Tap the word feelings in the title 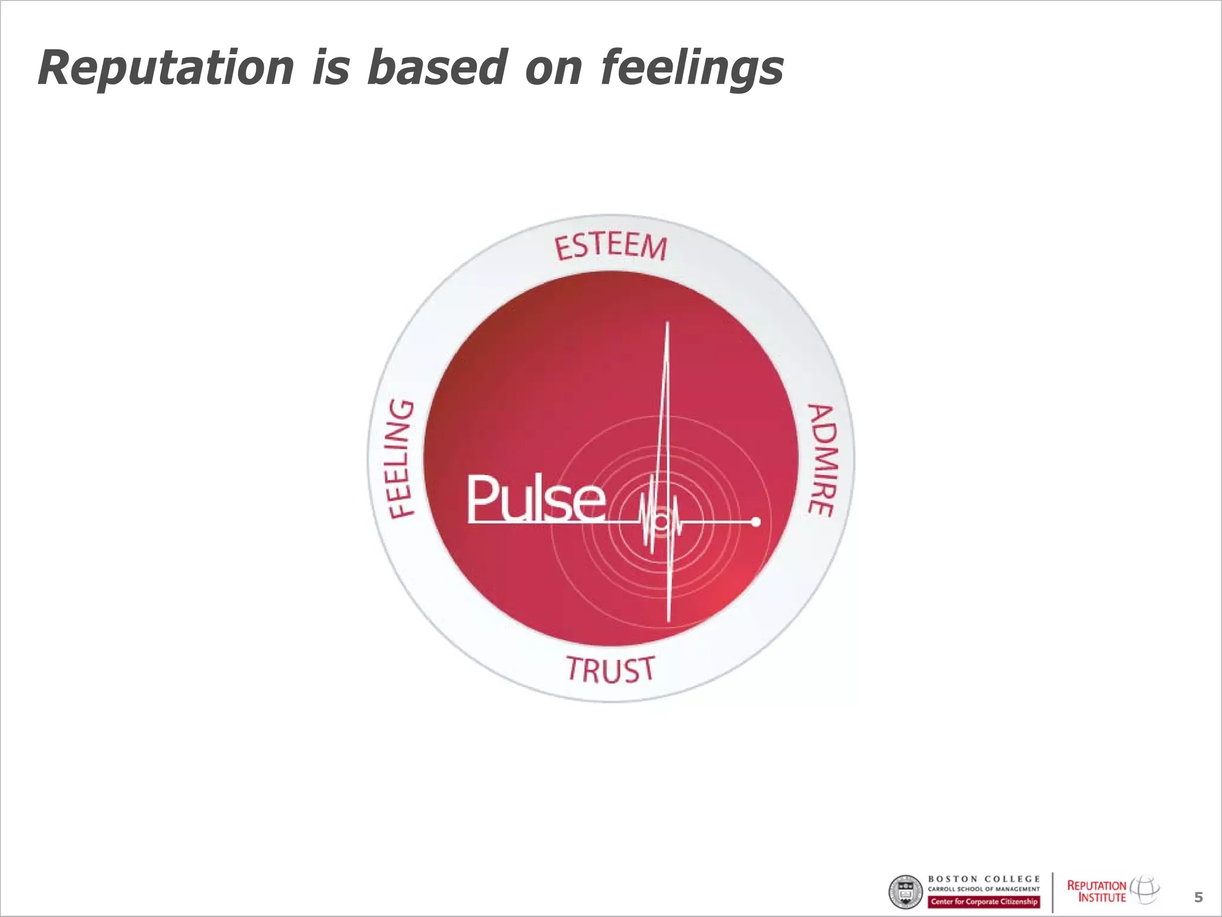[692, 69]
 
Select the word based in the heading [437, 67]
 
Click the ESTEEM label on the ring [610, 247]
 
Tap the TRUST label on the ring [610, 669]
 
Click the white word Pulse [535, 498]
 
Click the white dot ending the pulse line [756, 522]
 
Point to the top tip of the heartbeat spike [667, 324]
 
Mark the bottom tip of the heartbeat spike [669, 621]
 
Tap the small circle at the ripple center [661, 522]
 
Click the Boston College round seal [906, 893]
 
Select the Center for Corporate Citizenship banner [983, 901]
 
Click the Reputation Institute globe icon [1144, 889]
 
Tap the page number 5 [1198, 897]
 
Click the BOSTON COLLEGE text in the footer [983, 879]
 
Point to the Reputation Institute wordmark [1096, 891]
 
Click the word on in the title [553, 69]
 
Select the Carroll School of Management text [983, 890]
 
